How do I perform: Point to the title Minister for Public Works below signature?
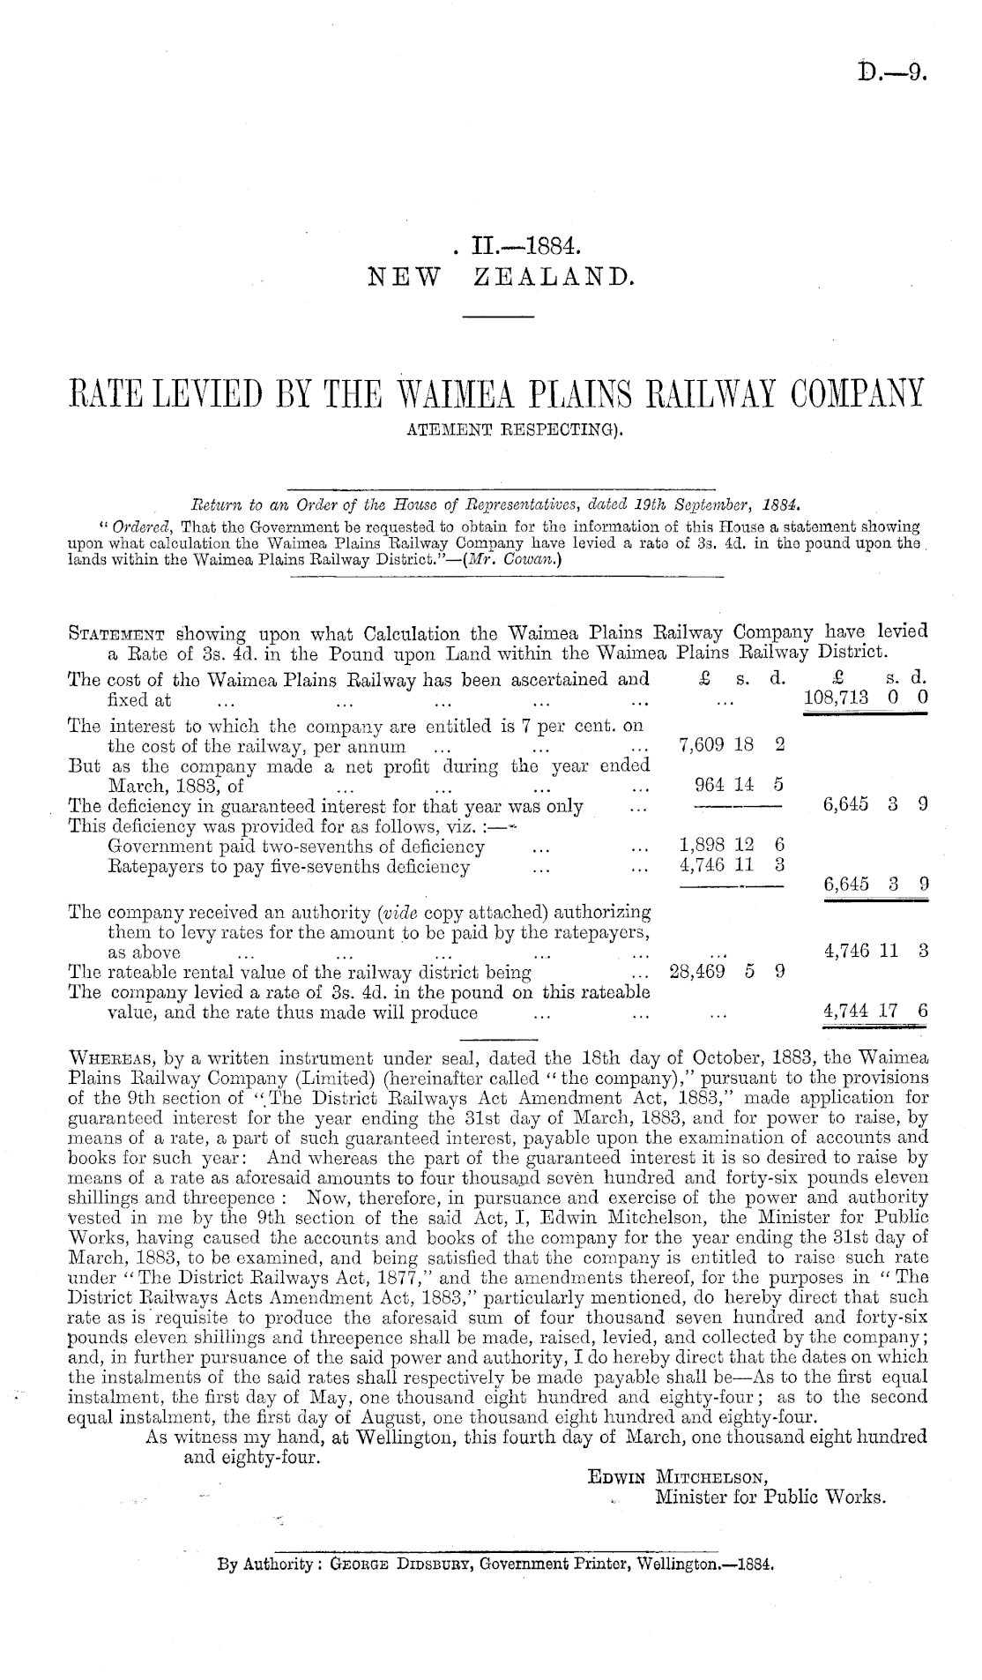(770, 1497)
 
